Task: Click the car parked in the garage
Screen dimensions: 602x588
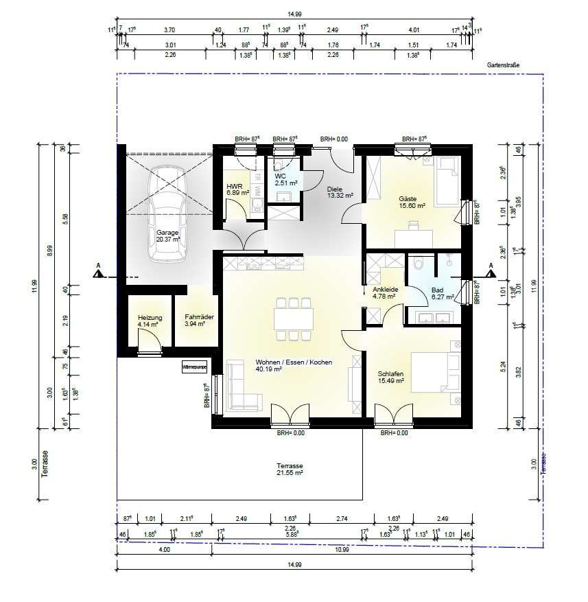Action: click(x=168, y=215)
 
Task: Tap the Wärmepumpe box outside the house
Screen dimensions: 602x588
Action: click(x=194, y=368)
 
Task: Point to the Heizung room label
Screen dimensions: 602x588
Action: click(x=150, y=321)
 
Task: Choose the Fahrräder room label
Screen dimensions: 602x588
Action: click(x=196, y=321)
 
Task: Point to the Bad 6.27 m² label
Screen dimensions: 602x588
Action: click(x=442, y=294)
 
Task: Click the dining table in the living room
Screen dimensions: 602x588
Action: click(x=294, y=319)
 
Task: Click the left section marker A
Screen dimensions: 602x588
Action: click(x=99, y=273)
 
